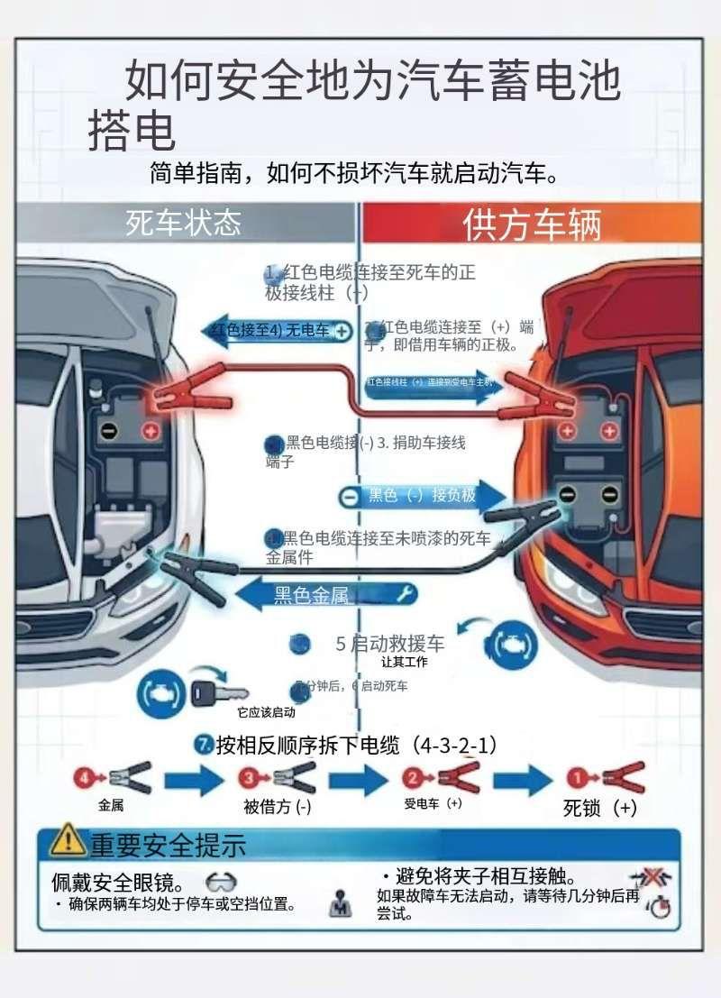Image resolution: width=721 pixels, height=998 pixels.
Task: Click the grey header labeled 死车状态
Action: (183, 222)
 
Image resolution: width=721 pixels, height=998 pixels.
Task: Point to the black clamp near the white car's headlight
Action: (190, 567)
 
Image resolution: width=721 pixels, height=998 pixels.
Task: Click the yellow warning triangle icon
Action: (68, 841)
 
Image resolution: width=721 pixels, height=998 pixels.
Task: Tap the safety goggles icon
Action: (222, 881)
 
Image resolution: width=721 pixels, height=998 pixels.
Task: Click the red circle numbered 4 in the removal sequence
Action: (86, 776)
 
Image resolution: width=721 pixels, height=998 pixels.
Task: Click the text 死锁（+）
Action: (599, 808)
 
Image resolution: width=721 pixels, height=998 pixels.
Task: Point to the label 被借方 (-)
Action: (278, 807)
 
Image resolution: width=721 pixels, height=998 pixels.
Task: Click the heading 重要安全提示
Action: (168, 845)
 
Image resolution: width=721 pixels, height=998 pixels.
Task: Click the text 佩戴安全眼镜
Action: (118, 881)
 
